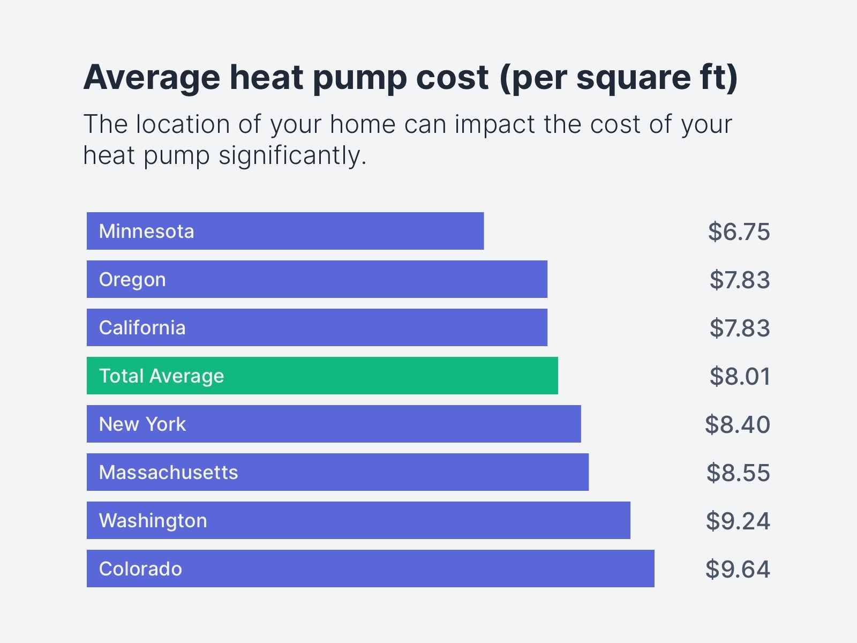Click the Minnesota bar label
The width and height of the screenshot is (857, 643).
click(146, 231)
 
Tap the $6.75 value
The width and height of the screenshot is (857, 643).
click(739, 231)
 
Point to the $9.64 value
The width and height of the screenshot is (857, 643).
click(738, 569)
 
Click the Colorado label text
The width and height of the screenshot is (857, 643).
click(140, 569)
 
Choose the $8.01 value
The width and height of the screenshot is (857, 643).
click(740, 376)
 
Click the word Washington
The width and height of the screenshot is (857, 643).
click(153, 521)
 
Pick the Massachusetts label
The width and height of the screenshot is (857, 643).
click(168, 473)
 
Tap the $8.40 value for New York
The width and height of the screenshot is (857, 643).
click(738, 424)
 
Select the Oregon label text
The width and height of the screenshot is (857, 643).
click(132, 280)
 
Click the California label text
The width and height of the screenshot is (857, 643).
click(142, 328)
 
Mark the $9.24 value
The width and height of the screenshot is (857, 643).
click(738, 521)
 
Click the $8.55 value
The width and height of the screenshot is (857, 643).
click(738, 473)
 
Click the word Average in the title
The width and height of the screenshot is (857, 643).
click(152, 78)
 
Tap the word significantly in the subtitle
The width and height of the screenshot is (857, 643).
click(292, 156)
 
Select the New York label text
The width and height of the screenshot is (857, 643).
click(142, 424)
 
